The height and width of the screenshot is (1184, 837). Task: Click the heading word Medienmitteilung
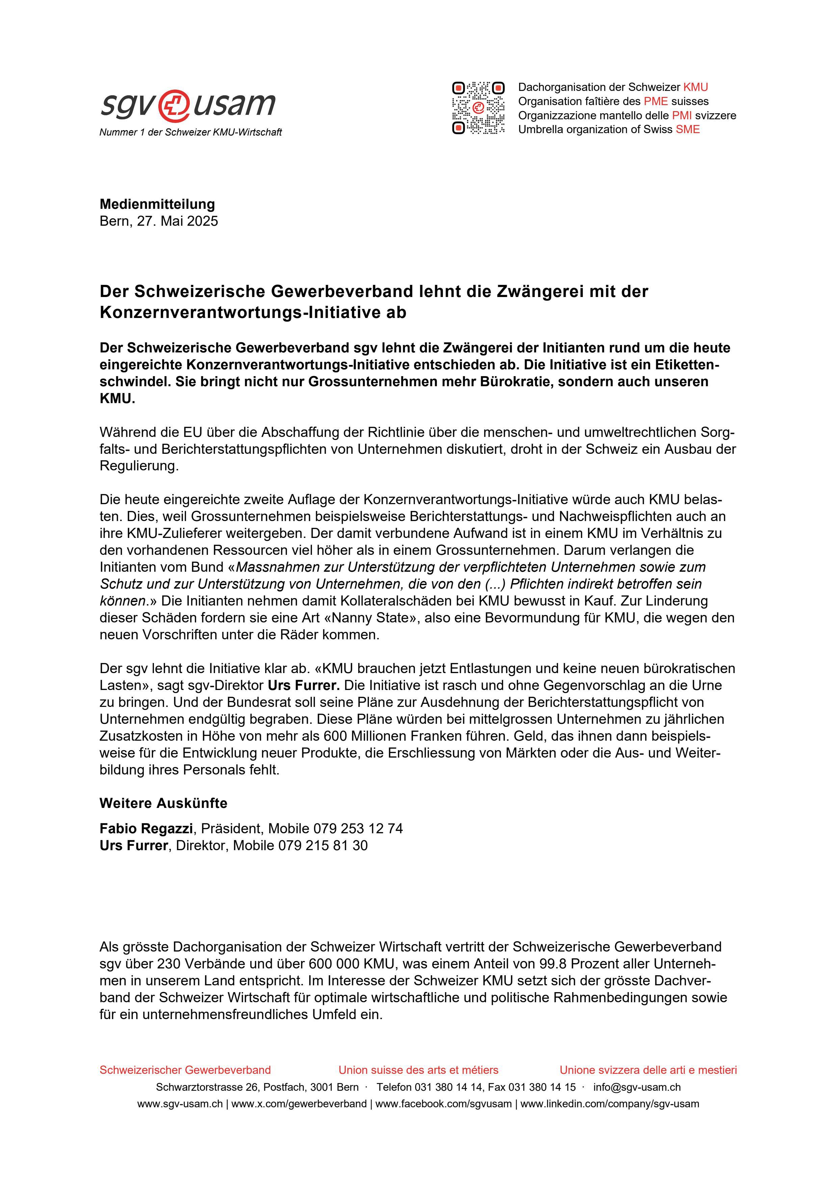(x=157, y=204)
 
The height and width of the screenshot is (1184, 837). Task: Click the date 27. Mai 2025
(x=177, y=221)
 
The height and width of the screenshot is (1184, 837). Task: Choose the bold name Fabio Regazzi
(x=146, y=829)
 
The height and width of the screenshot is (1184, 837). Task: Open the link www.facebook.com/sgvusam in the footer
(x=443, y=1104)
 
